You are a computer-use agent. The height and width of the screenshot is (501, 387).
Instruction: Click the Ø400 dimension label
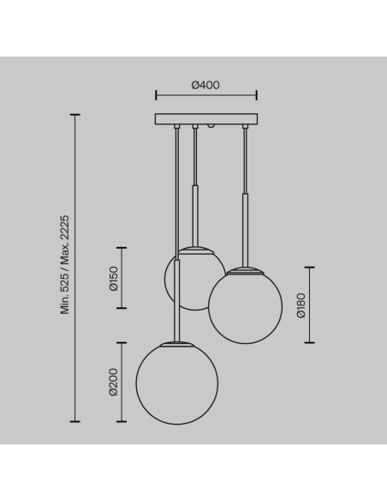pyautogui.click(x=205, y=85)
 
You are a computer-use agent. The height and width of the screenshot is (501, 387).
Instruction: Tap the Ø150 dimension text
pyautogui.click(x=113, y=278)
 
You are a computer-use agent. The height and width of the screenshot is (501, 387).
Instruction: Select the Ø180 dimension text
pyautogui.click(x=301, y=305)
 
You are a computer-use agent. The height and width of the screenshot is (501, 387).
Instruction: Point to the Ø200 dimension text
pyautogui.click(x=113, y=382)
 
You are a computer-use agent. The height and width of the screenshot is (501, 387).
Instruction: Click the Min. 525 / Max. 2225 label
pyautogui.click(x=65, y=264)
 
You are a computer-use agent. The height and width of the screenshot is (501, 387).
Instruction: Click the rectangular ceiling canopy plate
pyautogui.click(x=206, y=119)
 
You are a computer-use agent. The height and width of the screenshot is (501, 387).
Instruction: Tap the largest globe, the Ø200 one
pyautogui.click(x=177, y=383)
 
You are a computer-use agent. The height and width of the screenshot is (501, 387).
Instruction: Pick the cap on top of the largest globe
pyautogui.click(x=177, y=344)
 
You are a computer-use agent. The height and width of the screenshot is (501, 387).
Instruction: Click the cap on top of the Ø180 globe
pyautogui.click(x=245, y=270)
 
